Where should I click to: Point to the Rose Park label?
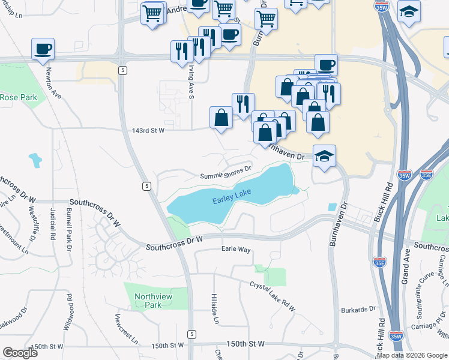(19, 97)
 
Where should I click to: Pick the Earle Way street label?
(236, 249)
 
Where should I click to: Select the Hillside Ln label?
(214, 309)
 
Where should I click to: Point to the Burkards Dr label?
(360, 309)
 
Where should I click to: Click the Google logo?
(20, 353)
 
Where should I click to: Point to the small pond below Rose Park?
(35, 160)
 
